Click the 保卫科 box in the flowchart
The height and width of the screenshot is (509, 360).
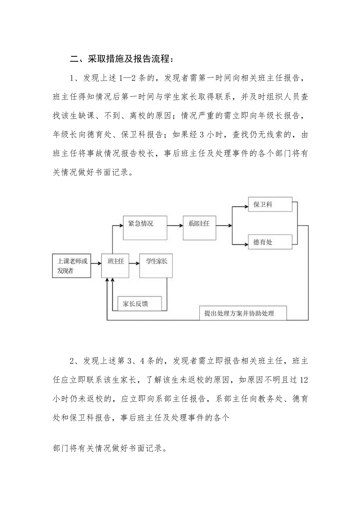pyautogui.click(x=270, y=205)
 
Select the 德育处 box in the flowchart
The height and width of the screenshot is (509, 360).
pyautogui.click(x=270, y=242)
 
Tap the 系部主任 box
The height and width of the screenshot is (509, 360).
pyautogui.click(x=199, y=228)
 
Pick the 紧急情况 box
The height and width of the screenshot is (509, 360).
pyautogui.click(x=145, y=228)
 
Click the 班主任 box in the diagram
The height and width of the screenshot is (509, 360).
pyautogui.click(x=115, y=266)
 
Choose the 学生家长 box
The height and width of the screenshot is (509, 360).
pyautogui.click(x=156, y=266)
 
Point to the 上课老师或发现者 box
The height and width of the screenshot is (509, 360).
pyautogui.click(x=71, y=266)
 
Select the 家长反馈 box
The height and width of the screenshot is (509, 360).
pyautogui.click(x=139, y=303)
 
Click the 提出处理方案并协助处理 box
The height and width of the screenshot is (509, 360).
pyautogui.click(x=243, y=313)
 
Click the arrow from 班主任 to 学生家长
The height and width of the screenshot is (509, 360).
pyautogui.click(x=134, y=263)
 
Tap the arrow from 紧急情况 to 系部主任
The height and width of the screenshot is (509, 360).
pyautogui.click(x=175, y=225)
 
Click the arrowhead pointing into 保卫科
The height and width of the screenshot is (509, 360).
pyautogui.click(x=246, y=205)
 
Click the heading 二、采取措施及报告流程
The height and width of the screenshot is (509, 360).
pyautogui.click(x=120, y=59)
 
